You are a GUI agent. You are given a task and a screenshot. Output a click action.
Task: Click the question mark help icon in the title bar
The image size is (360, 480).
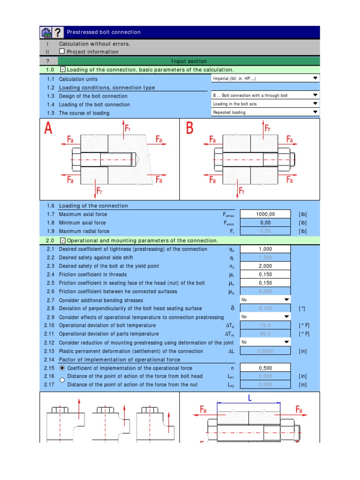(58, 32)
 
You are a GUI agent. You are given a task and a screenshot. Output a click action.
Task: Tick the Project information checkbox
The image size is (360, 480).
(62, 52)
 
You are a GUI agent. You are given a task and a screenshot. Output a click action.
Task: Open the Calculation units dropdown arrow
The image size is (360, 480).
(315, 79)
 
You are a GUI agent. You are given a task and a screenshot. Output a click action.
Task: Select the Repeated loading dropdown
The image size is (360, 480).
(265, 112)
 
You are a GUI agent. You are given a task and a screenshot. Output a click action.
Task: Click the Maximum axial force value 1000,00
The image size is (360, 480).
(265, 214)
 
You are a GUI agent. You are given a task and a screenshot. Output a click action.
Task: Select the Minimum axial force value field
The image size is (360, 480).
(265, 223)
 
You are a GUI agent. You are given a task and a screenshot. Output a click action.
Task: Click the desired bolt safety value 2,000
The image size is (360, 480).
(265, 266)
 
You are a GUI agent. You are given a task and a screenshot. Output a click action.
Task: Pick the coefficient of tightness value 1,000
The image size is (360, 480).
(265, 249)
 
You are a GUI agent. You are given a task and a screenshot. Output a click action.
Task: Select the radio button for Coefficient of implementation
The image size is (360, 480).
(62, 368)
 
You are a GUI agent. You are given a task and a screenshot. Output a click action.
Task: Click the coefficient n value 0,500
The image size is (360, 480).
(265, 368)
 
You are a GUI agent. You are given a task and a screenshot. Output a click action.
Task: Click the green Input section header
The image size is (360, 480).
(188, 61)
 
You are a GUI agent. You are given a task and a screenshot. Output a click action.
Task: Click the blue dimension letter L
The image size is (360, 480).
(249, 398)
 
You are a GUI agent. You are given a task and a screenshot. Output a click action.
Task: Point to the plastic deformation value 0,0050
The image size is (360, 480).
(265, 351)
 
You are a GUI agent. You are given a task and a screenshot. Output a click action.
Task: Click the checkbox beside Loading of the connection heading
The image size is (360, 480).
(63, 70)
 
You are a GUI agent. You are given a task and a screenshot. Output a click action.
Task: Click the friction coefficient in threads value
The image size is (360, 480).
(265, 274)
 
